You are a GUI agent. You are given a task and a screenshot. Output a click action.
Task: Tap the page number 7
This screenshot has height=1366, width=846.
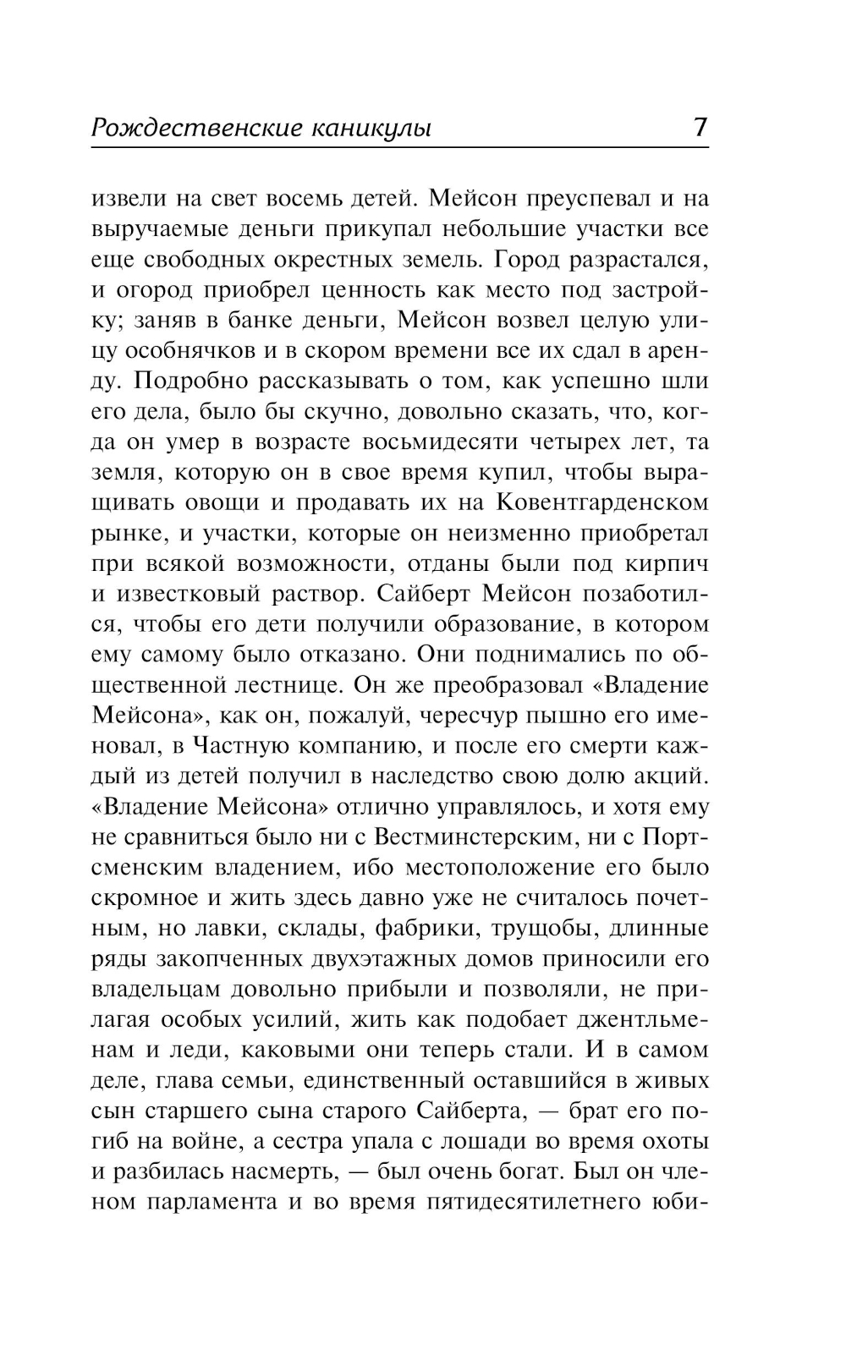700,127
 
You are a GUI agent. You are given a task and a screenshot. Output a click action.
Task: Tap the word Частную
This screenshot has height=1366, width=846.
243,745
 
